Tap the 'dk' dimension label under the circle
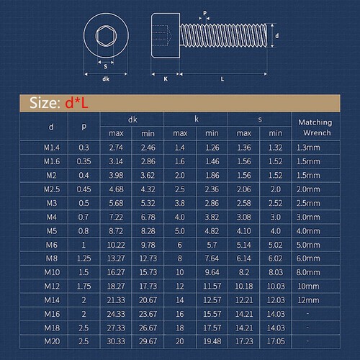106,79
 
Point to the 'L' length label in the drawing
221,79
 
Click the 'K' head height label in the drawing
166,79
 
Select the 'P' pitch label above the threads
204,12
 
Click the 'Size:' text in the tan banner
45,103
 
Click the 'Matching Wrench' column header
315,127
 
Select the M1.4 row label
50,147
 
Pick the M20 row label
50,340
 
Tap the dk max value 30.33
117,340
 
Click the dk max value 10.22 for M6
117,243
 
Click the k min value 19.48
211,340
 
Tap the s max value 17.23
244,340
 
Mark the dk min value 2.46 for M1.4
148,147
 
